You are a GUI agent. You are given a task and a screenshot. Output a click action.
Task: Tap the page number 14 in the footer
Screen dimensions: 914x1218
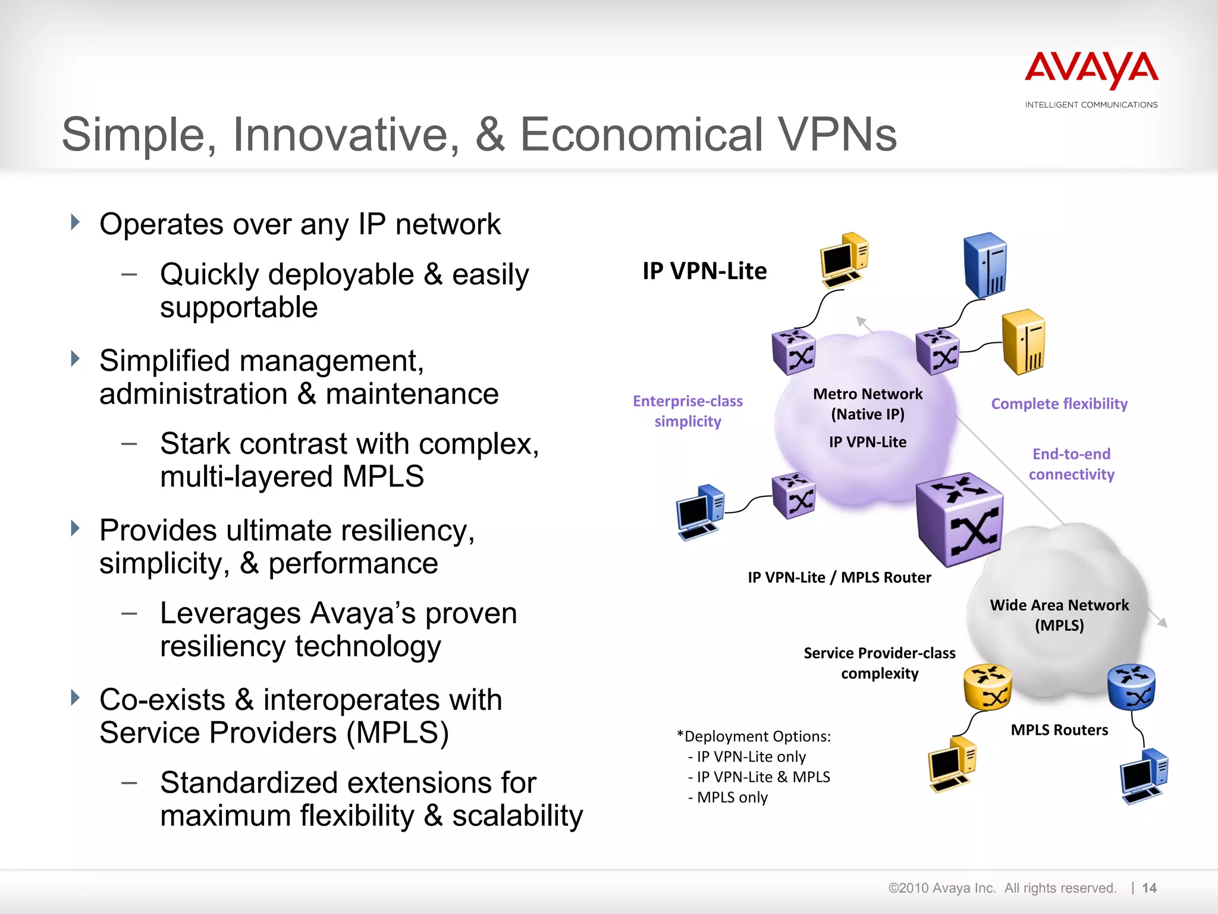(x=1149, y=888)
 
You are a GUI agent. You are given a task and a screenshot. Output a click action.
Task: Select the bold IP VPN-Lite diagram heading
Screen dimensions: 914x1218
(x=704, y=271)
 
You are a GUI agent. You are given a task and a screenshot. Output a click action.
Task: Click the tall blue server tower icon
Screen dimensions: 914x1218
(x=985, y=265)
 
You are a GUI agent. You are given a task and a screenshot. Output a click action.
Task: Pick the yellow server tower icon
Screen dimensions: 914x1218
(x=1023, y=342)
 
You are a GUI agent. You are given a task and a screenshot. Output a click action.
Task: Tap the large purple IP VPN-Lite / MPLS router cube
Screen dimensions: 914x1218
(x=959, y=519)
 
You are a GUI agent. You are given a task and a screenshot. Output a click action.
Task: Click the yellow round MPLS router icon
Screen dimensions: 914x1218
(x=987, y=687)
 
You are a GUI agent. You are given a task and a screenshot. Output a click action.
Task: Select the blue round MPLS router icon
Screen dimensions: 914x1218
(x=1131, y=687)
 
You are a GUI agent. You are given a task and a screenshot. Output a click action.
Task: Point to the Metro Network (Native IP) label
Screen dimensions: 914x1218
(x=868, y=404)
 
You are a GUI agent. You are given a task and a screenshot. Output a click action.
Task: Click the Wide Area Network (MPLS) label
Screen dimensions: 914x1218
(x=1059, y=615)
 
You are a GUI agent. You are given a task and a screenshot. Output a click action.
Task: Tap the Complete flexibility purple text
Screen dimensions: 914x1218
(x=1059, y=404)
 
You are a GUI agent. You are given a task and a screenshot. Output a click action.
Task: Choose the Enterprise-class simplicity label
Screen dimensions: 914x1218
(x=688, y=411)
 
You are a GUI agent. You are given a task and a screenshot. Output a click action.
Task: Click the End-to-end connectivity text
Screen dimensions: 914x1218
(x=1071, y=464)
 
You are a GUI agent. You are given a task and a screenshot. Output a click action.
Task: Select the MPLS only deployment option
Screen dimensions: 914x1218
(x=732, y=797)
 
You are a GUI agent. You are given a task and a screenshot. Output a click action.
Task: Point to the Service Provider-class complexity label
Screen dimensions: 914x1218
(x=880, y=663)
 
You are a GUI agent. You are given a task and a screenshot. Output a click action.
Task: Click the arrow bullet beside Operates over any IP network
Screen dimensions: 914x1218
(x=75, y=223)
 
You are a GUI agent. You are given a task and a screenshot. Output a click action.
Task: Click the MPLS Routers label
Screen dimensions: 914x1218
(x=1059, y=730)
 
